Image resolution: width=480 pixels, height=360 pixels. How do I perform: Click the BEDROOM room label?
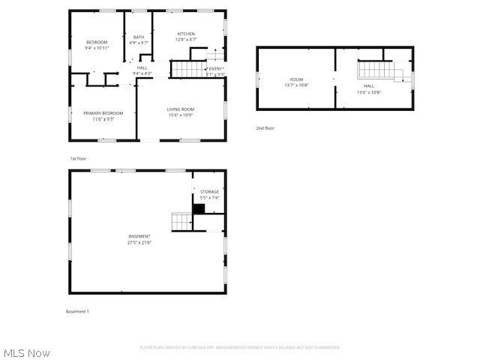(x=97, y=42)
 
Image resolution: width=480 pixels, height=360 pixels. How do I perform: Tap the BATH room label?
(x=139, y=37)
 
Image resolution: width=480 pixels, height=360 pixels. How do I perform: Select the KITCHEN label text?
(x=186, y=34)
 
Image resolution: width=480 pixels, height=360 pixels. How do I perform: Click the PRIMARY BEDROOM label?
(x=103, y=113)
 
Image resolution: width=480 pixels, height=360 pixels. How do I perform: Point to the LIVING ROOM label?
(x=181, y=109)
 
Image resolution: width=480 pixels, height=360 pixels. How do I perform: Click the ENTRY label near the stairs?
(x=215, y=69)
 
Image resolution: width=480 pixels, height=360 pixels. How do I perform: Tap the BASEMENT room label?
(x=139, y=236)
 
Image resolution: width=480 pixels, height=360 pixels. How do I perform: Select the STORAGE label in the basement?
(x=209, y=192)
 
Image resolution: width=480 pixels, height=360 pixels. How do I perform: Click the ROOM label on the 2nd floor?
(x=296, y=79)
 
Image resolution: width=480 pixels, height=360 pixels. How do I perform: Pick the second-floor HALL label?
(x=368, y=86)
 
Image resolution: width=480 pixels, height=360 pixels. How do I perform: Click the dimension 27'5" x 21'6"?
(x=139, y=242)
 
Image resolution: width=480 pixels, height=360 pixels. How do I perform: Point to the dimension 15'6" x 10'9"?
(x=181, y=115)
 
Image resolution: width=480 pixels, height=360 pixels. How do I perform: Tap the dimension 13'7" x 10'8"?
(x=296, y=85)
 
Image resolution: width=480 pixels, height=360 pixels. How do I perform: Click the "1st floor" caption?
(x=79, y=159)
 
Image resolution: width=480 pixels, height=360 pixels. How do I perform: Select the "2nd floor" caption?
(x=265, y=128)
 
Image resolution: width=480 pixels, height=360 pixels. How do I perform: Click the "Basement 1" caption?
(x=77, y=311)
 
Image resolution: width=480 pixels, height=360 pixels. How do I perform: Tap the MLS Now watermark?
(x=27, y=352)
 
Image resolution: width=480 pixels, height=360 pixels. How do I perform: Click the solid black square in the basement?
(x=199, y=209)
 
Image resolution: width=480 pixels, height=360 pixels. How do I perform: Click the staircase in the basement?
(x=182, y=220)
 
